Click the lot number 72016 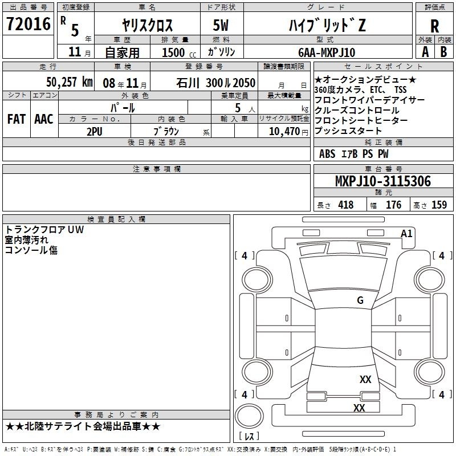pyautogui.click(x=28, y=24)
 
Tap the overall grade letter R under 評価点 pyautogui.click(x=434, y=26)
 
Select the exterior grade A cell pyautogui.click(x=425, y=52)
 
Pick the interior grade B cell pyautogui.click(x=443, y=52)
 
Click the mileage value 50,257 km pyautogui.click(x=70, y=82)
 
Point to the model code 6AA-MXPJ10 pyautogui.click(x=327, y=52)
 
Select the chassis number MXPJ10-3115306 pyautogui.click(x=383, y=181)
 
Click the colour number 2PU pyautogui.click(x=95, y=132)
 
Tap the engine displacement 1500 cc pyautogui.click(x=179, y=52)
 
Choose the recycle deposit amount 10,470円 pyautogui.click(x=288, y=132)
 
